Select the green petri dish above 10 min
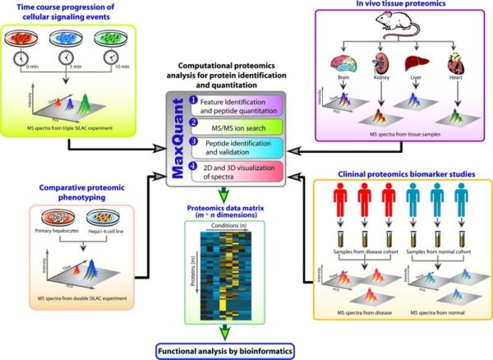click(x=115, y=36)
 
